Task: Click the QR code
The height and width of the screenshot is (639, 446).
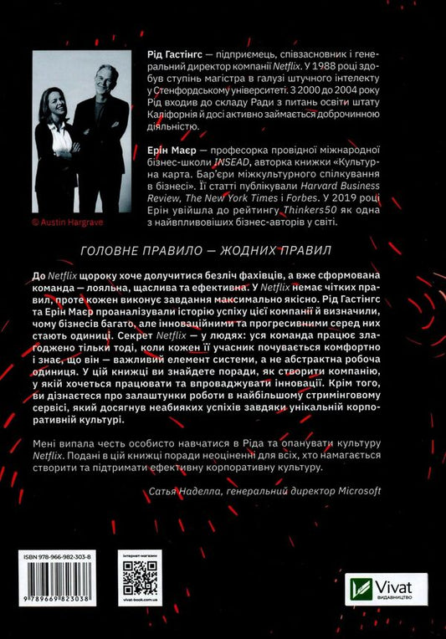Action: (x=140, y=576)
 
